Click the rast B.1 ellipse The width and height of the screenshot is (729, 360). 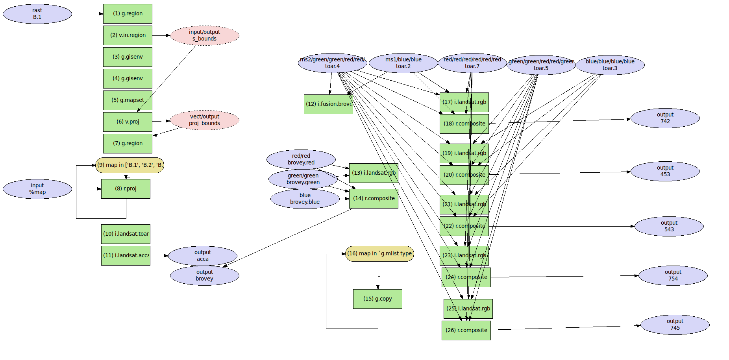pos(37,14)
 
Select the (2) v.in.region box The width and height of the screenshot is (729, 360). pos(128,35)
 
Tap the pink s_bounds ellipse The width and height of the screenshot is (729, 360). pos(204,35)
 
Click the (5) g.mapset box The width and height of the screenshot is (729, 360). pos(128,100)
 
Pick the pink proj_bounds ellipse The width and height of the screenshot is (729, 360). pos(204,120)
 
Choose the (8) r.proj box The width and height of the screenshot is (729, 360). pos(126,189)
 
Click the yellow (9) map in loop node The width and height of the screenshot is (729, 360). pos(130,165)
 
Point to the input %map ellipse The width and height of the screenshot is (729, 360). pos(37,189)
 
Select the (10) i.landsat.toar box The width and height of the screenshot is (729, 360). pos(126,234)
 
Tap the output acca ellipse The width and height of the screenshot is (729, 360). pos(202,256)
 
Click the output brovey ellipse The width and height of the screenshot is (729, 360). pos(204,275)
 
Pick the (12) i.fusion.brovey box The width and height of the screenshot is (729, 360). pos(328,104)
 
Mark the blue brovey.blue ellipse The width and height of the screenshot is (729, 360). pos(305,199)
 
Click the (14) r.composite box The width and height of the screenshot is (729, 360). pos(374,199)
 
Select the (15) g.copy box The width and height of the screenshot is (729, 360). pos(377,299)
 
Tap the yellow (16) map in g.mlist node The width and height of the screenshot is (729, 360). pos(379,254)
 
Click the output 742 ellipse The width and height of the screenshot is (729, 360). pos(665,118)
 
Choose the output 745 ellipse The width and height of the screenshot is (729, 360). pos(675,325)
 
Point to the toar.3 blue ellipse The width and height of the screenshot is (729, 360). pos(610,65)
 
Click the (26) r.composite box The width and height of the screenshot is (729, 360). pos(466,330)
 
